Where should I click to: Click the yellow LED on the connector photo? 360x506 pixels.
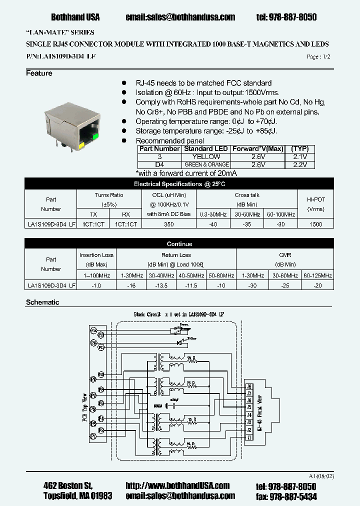(81, 145)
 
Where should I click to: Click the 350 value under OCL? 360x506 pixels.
(169, 224)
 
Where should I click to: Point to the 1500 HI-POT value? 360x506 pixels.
(315, 224)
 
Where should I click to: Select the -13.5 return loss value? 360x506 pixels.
(160, 285)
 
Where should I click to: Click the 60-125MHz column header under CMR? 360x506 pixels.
(317, 275)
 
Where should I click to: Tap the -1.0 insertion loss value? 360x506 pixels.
(96, 285)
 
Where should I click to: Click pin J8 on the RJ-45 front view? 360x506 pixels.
(248, 386)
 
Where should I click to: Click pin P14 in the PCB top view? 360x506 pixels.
(93, 330)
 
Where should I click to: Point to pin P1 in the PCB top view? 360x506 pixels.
(93, 436)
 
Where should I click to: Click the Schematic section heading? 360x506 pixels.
(42, 302)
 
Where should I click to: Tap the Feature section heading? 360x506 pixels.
(39, 73)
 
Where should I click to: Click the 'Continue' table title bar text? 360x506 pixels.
(179, 244)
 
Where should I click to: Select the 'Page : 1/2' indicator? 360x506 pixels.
(318, 57)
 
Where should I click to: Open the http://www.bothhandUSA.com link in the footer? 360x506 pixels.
(177, 485)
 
